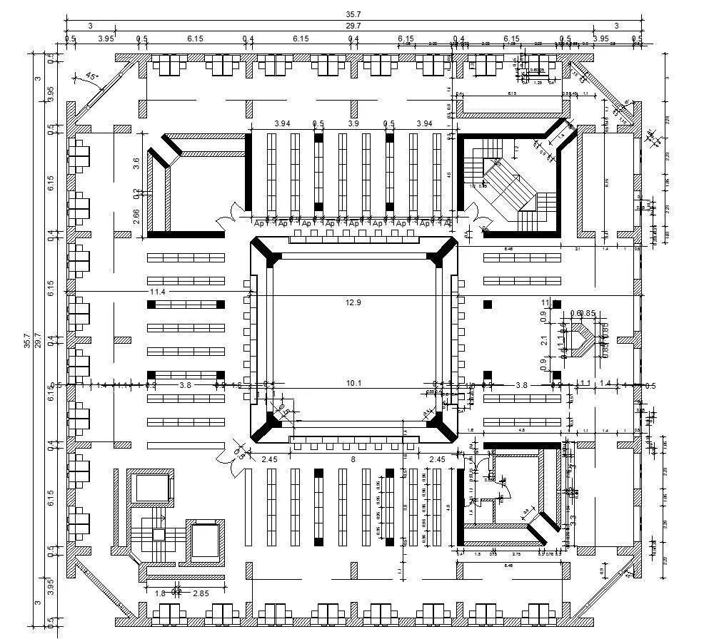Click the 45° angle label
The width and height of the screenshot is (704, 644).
[91, 76]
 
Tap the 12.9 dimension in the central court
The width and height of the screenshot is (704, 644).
[353, 302]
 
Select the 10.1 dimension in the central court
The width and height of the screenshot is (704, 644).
[353, 384]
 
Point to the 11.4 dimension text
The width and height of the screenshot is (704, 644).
[157, 292]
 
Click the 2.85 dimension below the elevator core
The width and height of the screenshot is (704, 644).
[201, 593]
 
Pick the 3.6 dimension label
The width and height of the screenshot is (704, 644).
[136, 163]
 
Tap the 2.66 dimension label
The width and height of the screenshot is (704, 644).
[136, 216]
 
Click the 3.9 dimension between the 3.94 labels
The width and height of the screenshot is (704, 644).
[353, 123]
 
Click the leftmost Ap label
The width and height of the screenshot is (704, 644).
[260, 223]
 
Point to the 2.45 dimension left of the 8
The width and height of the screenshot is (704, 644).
[269, 459]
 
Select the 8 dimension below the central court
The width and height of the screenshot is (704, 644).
[353, 459]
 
